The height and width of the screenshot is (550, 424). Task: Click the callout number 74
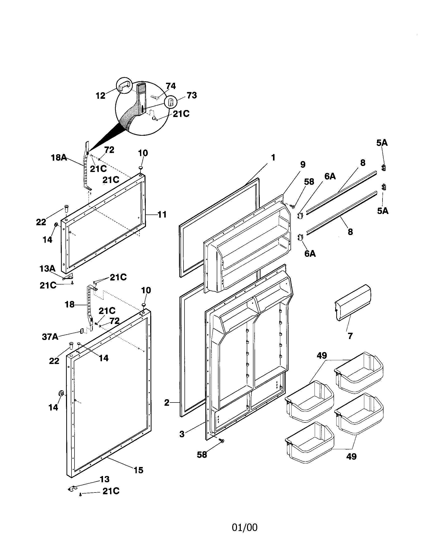(171, 86)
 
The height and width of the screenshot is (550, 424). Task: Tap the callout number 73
(191, 95)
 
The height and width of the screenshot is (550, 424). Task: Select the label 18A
(59, 158)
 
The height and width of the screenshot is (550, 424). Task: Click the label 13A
(47, 269)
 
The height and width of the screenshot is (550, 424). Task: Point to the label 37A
(50, 337)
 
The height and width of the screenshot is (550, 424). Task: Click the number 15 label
(138, 470)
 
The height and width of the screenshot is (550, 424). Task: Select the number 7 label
(350, 336)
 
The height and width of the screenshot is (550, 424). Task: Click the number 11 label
(162, 214)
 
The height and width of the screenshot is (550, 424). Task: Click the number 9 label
(303, 164)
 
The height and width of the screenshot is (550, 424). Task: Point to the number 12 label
(100, 96)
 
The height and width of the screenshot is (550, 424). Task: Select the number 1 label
(273, 158)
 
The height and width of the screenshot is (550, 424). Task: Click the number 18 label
(70, 304)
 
